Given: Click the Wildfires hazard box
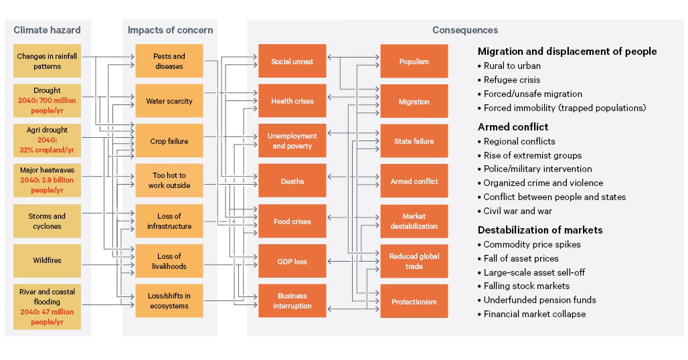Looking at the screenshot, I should click(47, 260).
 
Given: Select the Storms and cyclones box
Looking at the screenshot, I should click(47, 221).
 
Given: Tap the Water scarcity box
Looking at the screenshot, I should click(169, 101).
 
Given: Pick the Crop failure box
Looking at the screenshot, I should click(169, 141).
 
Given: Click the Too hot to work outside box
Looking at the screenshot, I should click(169, 181).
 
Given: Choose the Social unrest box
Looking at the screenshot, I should click(292, 62).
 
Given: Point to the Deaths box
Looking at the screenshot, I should click(292, 181).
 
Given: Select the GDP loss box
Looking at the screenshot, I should click(292, 262).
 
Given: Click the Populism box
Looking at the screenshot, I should click(414, 62).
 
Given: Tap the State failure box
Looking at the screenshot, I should click(414, 141).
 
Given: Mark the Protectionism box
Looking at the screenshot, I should click(414, 302).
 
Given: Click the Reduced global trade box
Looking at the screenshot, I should click(414, 261).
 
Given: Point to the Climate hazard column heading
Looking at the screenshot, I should click(47, 29).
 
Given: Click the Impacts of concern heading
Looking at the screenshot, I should click(170, 29).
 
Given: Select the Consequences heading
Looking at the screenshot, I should click(464, 29).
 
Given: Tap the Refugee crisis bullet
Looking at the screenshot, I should click(511, 80).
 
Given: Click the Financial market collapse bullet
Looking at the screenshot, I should click(534, 314).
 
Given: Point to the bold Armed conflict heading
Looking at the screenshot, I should click(513, 126).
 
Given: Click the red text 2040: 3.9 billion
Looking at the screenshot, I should click(47, 180).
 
